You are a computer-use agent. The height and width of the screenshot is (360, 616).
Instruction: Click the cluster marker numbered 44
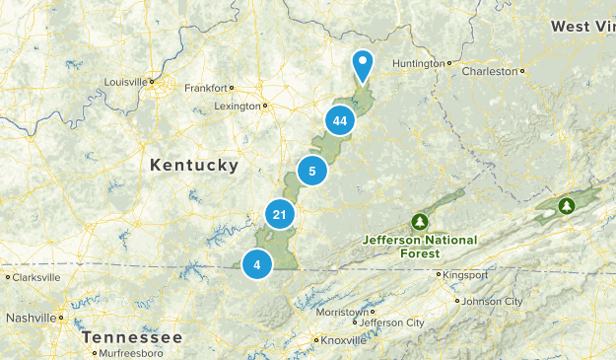pos(340,121)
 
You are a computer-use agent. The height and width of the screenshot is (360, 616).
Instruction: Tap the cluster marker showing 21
pos(280,215)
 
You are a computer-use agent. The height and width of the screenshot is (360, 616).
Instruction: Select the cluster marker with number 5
pos(312,171)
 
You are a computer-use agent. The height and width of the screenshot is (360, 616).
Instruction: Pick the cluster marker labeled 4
pos(257,263)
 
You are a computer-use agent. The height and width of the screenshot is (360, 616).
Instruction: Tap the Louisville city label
pos(125,82)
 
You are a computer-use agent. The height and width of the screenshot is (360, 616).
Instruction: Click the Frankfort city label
pos(206,87)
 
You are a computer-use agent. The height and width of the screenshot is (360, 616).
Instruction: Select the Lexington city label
pos(239,106)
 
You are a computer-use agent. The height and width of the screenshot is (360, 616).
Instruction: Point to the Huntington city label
pos(419,64)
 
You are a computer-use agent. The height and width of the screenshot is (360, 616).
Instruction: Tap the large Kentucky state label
pos(194,166)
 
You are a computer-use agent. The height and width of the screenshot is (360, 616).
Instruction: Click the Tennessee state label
pos(133,337)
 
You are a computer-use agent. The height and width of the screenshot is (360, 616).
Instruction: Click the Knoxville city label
pos(342,341)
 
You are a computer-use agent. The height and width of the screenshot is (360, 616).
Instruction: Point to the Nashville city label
pos(33,318)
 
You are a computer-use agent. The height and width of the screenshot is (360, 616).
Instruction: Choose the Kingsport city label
pos(466,274)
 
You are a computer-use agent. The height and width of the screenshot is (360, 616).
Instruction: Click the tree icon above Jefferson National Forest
pos(420,220)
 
